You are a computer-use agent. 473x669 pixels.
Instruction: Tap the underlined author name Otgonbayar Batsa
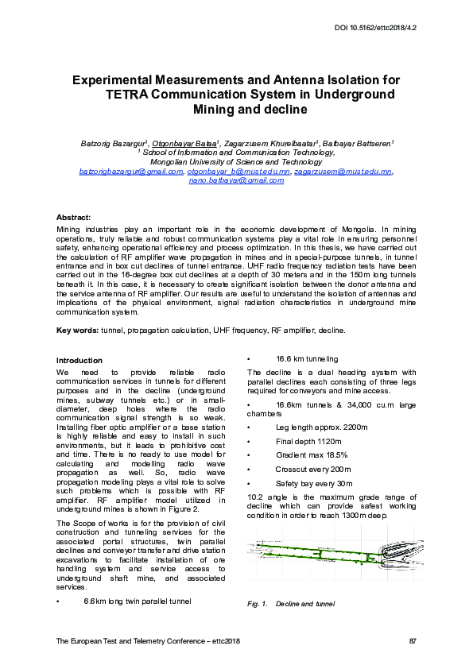point(184,143)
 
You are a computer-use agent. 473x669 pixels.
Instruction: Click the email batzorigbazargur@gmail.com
point(130,171)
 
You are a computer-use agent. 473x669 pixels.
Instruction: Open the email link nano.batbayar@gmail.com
point(236,180)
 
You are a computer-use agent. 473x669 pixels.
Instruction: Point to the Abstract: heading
point(73,217)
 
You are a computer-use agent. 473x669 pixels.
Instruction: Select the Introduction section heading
point(79,360)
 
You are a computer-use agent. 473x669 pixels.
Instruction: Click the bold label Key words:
point(78,330)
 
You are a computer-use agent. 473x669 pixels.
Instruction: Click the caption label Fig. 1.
point(256,605)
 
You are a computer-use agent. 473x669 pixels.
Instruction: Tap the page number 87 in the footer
point(412,640)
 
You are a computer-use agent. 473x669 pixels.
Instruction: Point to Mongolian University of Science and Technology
point(235,161)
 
